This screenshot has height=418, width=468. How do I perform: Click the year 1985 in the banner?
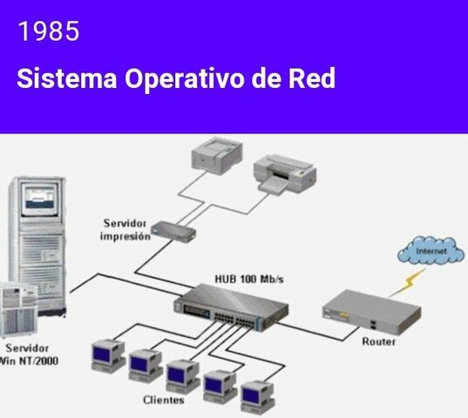coord(48,32)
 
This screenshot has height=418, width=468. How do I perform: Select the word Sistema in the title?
coord(65,78)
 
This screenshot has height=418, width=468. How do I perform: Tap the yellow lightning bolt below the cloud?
coord(407,280)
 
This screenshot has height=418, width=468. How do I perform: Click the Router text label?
coord(379,341)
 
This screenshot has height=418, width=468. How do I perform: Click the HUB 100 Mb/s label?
coord(249,279)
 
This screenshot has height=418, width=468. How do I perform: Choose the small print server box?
coord(173,232)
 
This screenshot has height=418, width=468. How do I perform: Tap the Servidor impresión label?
coord(125,230)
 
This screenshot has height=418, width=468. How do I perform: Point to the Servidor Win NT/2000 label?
coord(30,354)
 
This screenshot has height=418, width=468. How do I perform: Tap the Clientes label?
coord(163,401)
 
